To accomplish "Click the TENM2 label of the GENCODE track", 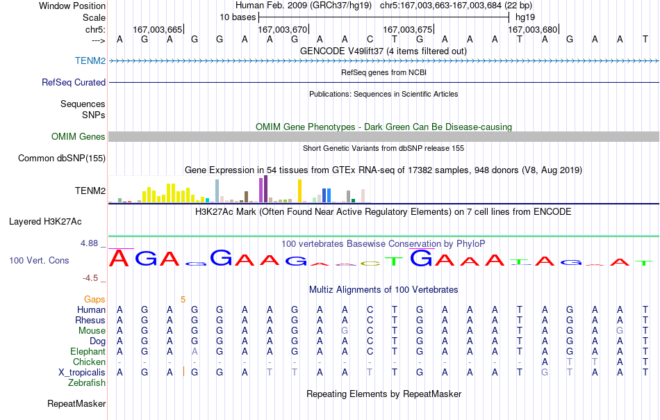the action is [90, 60].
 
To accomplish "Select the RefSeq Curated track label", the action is [74, 82].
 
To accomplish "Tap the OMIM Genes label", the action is [79, 136].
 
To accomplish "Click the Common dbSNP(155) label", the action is [62, 158].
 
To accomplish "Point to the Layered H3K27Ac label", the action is [45, 222].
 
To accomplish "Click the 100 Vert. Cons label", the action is [39, 260].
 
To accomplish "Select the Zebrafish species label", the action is [87, 383].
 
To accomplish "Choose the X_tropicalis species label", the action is [82, 373].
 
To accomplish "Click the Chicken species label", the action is [89, 362].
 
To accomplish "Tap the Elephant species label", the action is [88, 351].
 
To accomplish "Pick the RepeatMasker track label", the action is [76, 403].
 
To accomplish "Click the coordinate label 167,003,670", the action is [283, 29].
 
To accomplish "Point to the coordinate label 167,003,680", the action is [532, 29].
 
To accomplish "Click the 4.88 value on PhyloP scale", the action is [89, 243].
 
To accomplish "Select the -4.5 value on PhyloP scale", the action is [90, 278].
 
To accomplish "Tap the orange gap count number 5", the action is [183, 299].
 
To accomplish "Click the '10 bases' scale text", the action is [238, 17].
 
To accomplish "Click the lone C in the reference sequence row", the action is [370, 39].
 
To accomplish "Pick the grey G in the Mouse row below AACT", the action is [345, 331].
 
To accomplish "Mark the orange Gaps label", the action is [94, 300].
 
